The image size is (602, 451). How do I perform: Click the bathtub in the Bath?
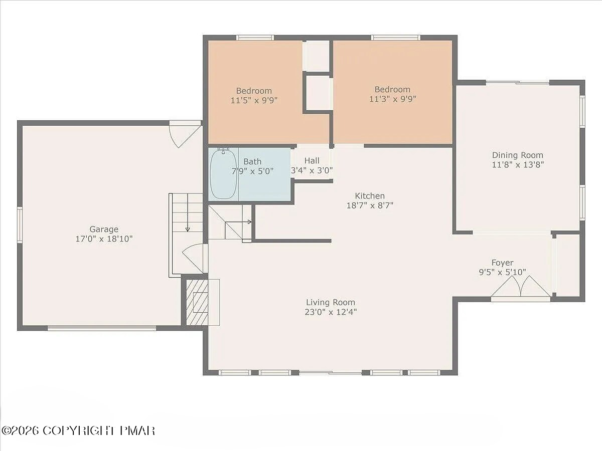click(x=223, y=173)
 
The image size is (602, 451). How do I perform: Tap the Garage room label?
click(x=104, y=229)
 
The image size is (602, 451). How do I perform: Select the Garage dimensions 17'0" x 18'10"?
click(x=104, y=239)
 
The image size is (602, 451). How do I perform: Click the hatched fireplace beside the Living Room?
click(x=197, y=302)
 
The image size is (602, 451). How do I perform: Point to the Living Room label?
click(x=331, y=302)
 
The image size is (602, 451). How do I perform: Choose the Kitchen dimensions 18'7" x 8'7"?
click(x=370, y=205)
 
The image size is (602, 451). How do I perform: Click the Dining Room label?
click(x=518, y=155)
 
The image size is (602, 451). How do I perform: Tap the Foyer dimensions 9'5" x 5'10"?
click(x=503, y=272)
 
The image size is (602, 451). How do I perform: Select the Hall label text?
click(x=312, y=160)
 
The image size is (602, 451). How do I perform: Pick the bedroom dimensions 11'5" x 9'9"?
click(x=254, y=101)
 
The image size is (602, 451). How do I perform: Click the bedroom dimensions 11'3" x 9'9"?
click(x=392, y=99)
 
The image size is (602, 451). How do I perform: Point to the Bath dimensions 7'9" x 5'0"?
click(x=253, y=171)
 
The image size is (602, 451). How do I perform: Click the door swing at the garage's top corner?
click(x=186, y=136)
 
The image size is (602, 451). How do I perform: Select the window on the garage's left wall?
click(x=20, y=225)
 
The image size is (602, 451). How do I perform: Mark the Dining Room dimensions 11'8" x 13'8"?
click(x=518, y=165)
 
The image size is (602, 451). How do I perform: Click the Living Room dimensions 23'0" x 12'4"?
click(x=331, y=312)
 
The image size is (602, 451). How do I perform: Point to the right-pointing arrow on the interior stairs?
click(x=238, y=222)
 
